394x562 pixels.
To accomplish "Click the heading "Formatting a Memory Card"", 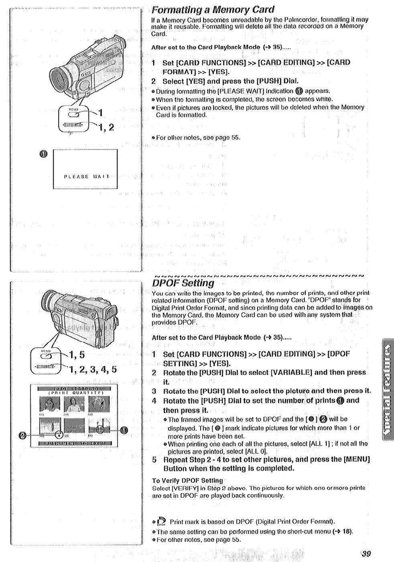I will click(x=213, y=10).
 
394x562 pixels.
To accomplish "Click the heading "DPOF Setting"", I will click(x=183, y=283).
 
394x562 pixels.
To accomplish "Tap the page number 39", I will click(x=366, y=554).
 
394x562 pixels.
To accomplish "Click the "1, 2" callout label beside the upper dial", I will click(x=106, y=128).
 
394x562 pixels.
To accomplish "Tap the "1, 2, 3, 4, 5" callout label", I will click(x=93, y=369).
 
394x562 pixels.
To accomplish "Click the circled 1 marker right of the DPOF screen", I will click(x=124, y=430).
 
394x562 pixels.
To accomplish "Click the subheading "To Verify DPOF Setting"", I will click(x=187, y=480).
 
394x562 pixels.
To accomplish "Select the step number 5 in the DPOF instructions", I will click(x=154, y=459).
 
